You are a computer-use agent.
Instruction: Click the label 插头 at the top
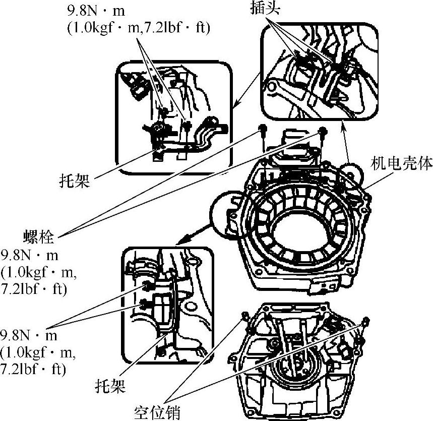point(265,8)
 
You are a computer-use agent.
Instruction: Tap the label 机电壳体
point(401,163)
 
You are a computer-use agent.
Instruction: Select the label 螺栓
point(38,237)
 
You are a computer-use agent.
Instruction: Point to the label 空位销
point(157,413)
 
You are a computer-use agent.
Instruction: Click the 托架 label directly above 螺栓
point(75,182)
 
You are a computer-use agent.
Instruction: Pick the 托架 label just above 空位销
point(110,386)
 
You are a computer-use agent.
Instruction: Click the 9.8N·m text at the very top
point(96,11)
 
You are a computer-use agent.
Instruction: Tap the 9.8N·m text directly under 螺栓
point(29,256)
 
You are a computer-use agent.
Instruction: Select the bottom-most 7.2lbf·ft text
point(33,369)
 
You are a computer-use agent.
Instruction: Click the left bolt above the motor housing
point(262,129)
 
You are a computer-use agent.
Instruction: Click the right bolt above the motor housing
point(323,131)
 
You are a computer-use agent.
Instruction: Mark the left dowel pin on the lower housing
point(244,316)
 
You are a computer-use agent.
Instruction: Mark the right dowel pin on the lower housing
point(365,321)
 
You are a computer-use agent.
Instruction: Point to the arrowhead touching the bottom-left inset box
point(180,241)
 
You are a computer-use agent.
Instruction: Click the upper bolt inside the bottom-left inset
point(146,285)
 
